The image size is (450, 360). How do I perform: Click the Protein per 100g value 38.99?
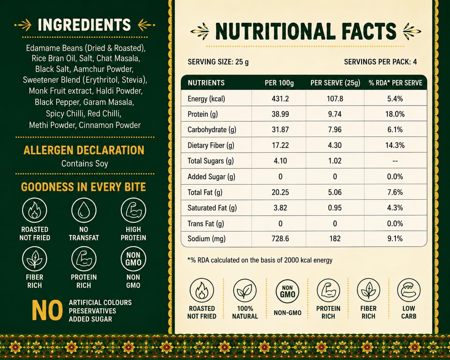click(x=280, y=114)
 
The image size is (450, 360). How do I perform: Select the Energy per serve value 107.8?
click(x=335, y=99)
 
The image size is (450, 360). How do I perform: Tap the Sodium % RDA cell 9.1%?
click(x=395, y=238)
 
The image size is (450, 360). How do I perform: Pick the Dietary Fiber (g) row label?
click(x=211, y=145)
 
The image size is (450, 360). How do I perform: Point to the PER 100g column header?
click(x=279, y=83)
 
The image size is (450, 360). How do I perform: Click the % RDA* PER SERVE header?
click(x=395, y=83)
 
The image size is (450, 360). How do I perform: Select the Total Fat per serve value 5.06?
click(x=335, y=192)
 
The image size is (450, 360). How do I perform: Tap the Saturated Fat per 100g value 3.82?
click(x=280, y=208)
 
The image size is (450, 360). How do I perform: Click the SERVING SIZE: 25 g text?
click(x=218, y=62)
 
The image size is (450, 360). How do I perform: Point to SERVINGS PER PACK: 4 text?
click(x=380, y=62)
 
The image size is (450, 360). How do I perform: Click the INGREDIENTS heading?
click(x=84, y=25)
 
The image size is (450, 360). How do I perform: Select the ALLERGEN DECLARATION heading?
click(x=84, y=150)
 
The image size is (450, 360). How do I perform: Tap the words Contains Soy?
click(x=85, y=164)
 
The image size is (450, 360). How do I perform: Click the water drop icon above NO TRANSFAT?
click(x=84, y=210)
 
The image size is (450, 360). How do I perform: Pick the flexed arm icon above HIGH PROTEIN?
click(x=134, y=210)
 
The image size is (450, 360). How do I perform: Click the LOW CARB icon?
click(x=409, y=290)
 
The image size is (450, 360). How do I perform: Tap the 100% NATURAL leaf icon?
click(x=245, y=290)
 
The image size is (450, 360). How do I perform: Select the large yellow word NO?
click(x=47, y=311)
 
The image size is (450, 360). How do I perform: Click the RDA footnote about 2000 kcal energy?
click(x=260, y=260)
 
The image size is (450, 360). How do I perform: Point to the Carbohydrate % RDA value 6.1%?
click(x=395, y=130)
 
